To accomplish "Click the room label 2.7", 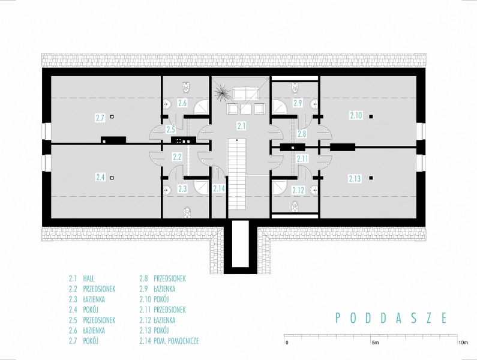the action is tap(100, 118).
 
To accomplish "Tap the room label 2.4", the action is tap(100, 177).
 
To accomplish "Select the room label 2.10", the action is tap(356, 116).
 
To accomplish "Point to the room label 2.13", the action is tap(355, 179).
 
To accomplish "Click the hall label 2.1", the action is tap(241, 126).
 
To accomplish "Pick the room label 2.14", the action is tap(219, 188).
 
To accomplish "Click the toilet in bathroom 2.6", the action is tap(187, 88).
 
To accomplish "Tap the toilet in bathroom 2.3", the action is tap(187, 212).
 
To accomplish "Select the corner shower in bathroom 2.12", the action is tap(280, 187).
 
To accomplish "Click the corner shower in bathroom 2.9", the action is tap(280, 107).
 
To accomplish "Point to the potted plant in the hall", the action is tap(221, 92).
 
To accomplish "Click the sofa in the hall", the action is tap(245, 94).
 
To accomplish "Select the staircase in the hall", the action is tap(236, 173).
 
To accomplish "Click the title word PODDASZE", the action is tap(392, 318).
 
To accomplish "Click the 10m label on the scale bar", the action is tap(463, 343).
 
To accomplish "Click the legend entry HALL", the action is tap(89, 278).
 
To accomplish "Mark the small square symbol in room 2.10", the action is tap(371, 116).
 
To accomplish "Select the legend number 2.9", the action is tap(145, 289).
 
